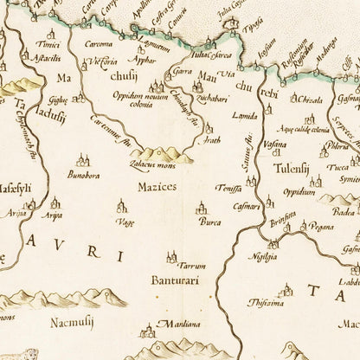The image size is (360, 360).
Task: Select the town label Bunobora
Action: click(x=85, y=175)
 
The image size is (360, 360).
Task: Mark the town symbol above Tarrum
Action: click(x=170, y=254)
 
